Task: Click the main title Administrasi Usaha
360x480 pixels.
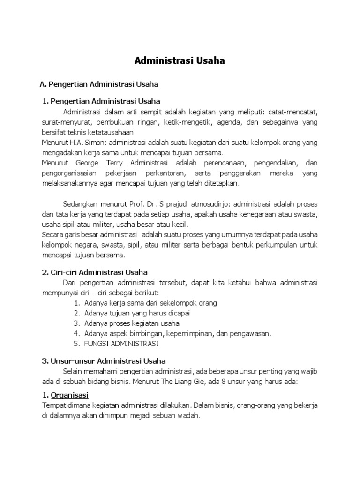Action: pos(180,61)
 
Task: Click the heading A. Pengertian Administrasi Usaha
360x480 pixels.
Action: pos(99,84)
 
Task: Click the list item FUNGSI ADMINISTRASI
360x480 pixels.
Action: pos(122,344)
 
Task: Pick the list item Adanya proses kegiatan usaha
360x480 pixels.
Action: pos(132,323)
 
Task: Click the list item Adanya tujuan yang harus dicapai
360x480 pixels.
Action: pos(137,313)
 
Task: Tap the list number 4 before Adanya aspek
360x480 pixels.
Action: pos(76,334)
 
